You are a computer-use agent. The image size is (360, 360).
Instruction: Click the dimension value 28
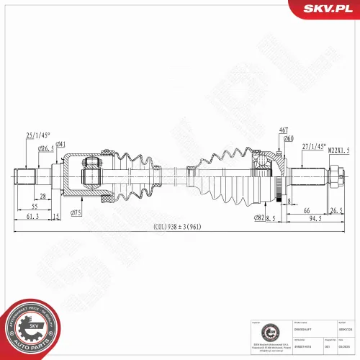pos(43,196)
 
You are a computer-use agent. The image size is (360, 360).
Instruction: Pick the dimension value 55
pos(34,206)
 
